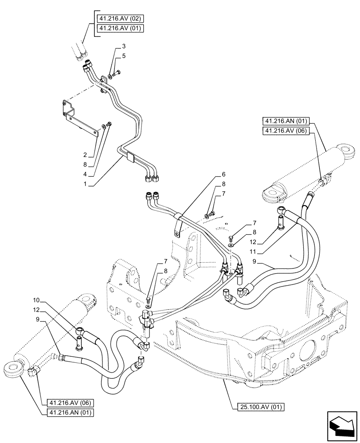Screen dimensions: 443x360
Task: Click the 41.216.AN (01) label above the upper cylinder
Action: point(288,121)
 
